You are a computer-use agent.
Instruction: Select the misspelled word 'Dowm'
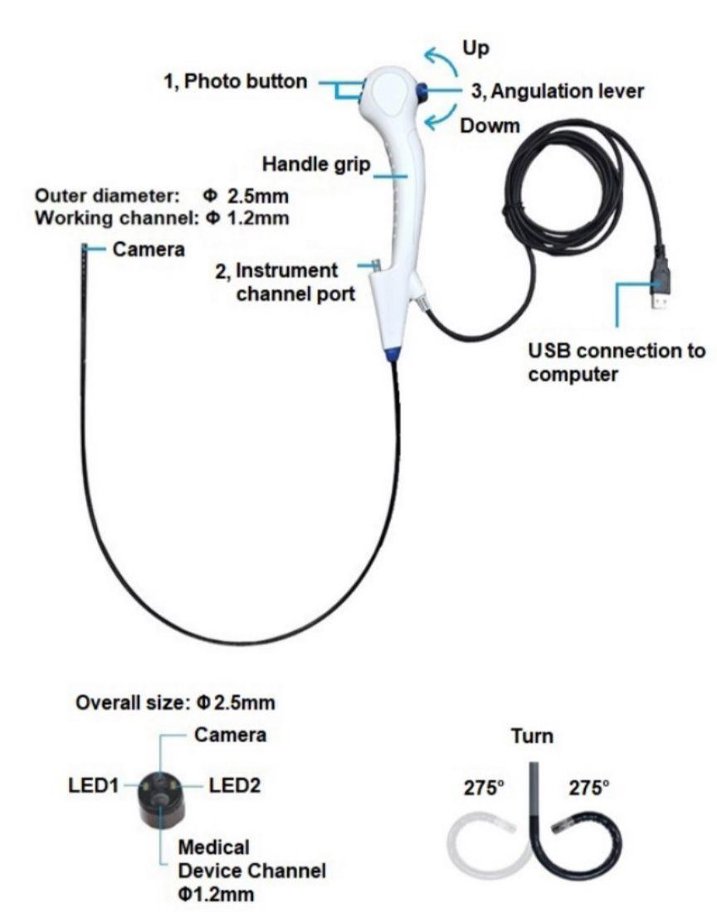point(490,126)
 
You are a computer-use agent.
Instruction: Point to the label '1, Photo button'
point(236,82)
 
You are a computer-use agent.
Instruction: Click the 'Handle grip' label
point(316,164)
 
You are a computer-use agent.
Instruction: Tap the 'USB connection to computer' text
point(617,362)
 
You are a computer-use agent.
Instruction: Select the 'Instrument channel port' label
point(296,281)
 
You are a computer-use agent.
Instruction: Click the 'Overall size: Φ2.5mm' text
point(176,703)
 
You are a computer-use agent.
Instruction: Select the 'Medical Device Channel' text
point(252,859)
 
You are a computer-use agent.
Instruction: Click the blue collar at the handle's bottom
point(393,355)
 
